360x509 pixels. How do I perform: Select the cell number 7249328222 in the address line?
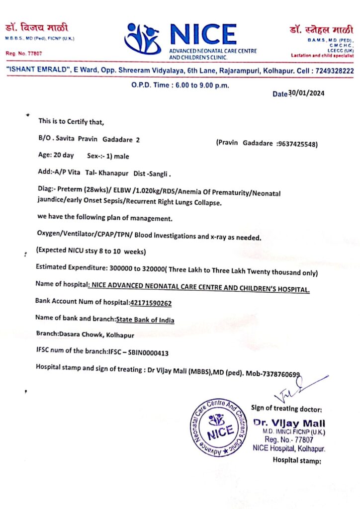335,71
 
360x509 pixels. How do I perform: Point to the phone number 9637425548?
297,144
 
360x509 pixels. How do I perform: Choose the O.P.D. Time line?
180,85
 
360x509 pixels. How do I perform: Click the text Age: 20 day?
56,156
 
